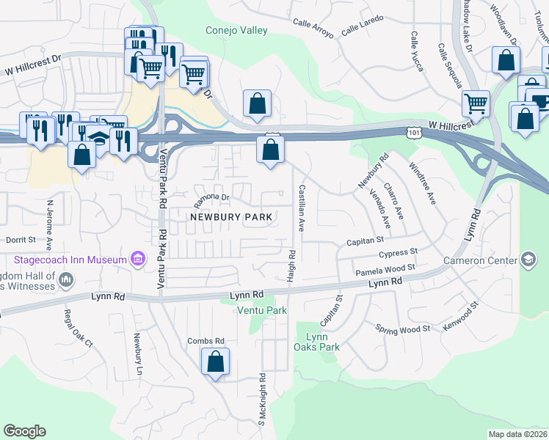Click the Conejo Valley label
(236, 31)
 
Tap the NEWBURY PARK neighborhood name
(231, 217)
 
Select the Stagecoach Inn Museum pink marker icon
(137, 259)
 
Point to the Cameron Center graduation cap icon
(528, 259)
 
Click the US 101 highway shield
(416, 130)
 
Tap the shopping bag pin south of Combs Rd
(215, 362)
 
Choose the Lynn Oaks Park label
(321, 342)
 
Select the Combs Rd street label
(206, 341)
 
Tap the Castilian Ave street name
(301, 208)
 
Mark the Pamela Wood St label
(385, 270)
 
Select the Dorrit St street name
(21, 240)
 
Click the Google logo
(24, 431)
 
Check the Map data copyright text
(517, 434)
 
